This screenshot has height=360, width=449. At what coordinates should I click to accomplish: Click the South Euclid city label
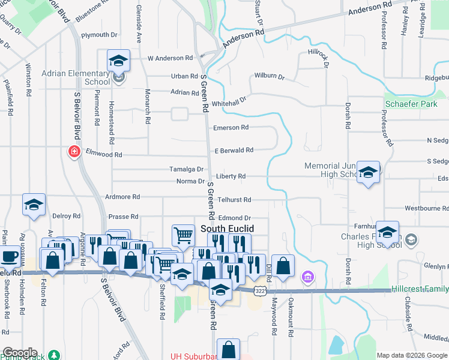click(227, 229)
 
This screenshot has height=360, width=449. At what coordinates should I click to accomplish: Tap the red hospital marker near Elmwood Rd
click(74, 151)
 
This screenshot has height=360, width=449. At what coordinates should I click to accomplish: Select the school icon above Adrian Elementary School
click(119, 61)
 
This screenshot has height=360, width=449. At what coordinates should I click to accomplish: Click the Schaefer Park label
click(411, 104)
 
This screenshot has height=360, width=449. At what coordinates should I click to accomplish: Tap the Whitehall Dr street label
click(229, 101)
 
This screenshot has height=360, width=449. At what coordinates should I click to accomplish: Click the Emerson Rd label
click(231, 128)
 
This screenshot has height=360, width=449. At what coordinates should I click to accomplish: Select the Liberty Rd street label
click(231, 176)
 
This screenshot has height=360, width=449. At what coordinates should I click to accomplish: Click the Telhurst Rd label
click(235, 199)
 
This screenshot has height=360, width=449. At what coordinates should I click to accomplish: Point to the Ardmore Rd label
click(122, 197)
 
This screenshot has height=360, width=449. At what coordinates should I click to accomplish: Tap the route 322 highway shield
click(260, 291)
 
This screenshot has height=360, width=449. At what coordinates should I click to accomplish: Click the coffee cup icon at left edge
click(9, 257)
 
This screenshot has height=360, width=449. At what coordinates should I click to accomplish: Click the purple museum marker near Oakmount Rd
click(308, 277)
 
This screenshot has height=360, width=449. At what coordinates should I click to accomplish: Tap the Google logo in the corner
click(20, 353)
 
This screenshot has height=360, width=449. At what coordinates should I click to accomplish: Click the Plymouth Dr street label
click(100, 35)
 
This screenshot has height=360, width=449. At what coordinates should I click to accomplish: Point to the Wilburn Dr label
click(269, 76)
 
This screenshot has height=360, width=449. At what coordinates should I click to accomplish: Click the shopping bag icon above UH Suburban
click(228, 350)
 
